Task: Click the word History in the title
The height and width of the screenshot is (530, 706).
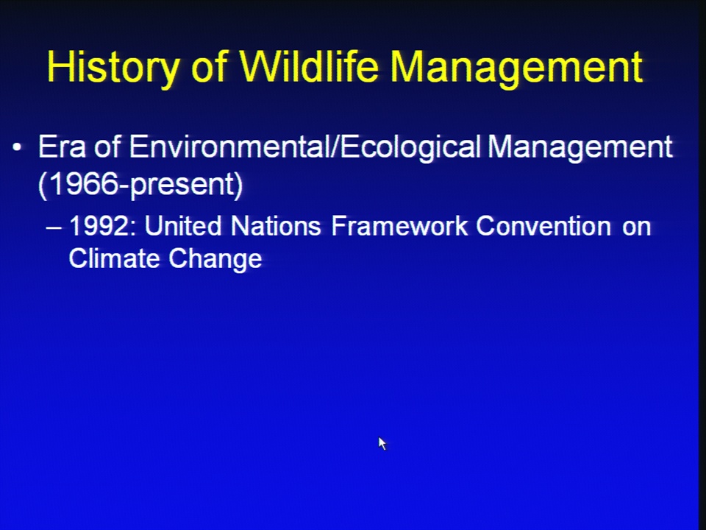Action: tap(113, 67)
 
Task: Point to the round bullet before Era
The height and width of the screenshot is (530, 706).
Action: tap(17, 147)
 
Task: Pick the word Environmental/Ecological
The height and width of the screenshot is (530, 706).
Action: tap(305, 148)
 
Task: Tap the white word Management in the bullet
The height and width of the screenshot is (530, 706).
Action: tap(580, 148)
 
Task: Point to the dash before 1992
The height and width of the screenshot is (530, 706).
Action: tap(54, 227)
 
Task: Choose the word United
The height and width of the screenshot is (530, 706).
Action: tap(183, 225)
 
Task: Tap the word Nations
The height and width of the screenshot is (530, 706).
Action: tap(276, 225)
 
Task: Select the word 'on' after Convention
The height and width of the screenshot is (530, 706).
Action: tap(637, 228)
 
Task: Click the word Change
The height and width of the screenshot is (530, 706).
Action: tap(215, 259)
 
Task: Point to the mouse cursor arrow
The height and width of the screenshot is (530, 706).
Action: tap(382, 443)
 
